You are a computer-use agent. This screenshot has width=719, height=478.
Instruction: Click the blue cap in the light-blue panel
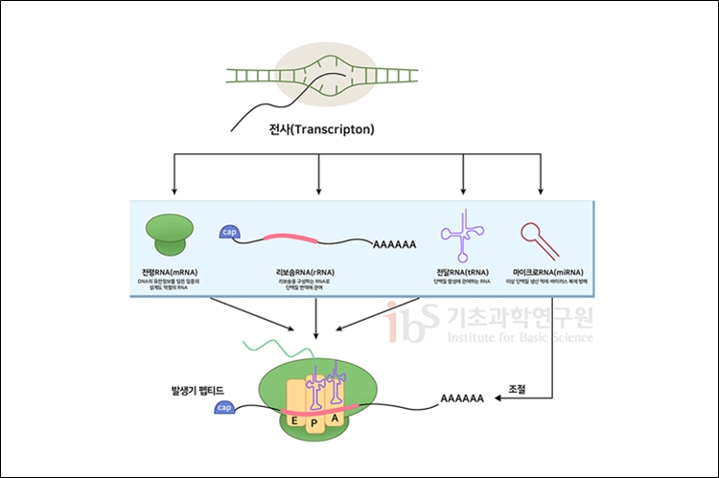[230, 233]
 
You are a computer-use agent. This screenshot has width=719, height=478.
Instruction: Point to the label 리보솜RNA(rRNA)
[304, 272]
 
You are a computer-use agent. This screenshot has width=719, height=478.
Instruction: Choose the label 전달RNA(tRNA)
[464, 272]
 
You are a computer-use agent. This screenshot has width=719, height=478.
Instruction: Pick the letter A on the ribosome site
[334, 419]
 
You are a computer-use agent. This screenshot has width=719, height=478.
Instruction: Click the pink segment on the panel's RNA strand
[289, 238]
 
